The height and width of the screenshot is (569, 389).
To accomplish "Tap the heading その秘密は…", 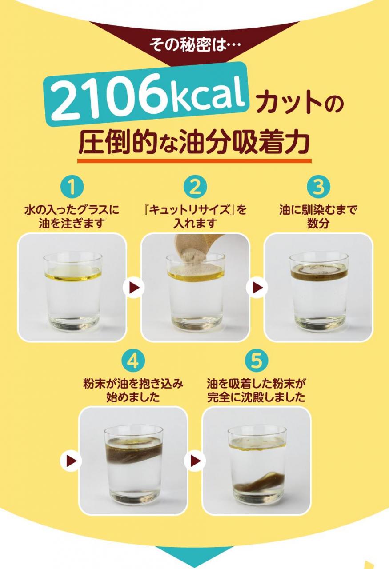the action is [195, 45].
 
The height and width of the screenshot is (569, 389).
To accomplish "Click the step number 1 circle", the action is [72, 187].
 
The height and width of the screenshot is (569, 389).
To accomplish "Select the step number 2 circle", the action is [195, 187].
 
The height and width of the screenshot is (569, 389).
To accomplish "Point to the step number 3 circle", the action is [318, 187].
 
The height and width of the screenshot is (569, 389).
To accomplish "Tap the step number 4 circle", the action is [133, 361].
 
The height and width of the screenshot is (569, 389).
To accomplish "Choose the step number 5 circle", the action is [257, 361].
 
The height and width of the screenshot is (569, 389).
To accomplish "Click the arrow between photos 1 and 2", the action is [134, 287].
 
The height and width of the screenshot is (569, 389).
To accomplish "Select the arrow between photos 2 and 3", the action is [257, 287].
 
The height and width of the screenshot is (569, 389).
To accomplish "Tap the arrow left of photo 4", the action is [71, 461].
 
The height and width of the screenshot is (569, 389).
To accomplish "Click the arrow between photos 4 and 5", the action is [195, 461].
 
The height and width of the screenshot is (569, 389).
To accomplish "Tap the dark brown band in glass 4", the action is [134, 452].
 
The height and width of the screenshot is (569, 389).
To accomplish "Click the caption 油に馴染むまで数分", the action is [318, 216].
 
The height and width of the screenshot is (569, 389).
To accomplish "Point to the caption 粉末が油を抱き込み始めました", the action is [133, 390].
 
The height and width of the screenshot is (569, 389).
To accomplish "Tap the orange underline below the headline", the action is [194, 161].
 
